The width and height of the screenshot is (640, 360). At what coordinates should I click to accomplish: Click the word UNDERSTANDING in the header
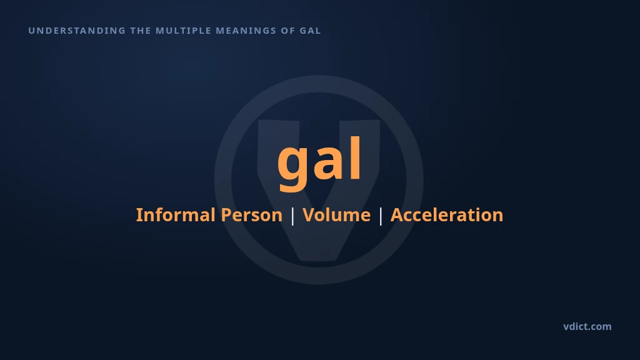(x=77, y=31)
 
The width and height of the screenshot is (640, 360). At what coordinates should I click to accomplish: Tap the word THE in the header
(x=141, y=31)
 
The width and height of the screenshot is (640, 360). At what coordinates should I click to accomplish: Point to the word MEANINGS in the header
(x=246, y=31)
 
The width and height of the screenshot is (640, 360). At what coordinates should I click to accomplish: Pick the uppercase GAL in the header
(x=310, y=31)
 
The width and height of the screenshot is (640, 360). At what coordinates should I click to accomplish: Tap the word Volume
(x=337, y=215)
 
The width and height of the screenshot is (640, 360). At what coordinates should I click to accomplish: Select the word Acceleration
(x=447, y=215)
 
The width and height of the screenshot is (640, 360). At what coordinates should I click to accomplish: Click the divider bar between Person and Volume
(x=292, y=216)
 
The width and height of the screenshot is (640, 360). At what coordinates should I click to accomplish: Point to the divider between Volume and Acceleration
(x=381, y=216)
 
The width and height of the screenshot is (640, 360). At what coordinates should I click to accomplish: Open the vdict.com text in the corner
(x=587, y=326)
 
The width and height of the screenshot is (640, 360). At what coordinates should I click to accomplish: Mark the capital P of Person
(x=226, y=215)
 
